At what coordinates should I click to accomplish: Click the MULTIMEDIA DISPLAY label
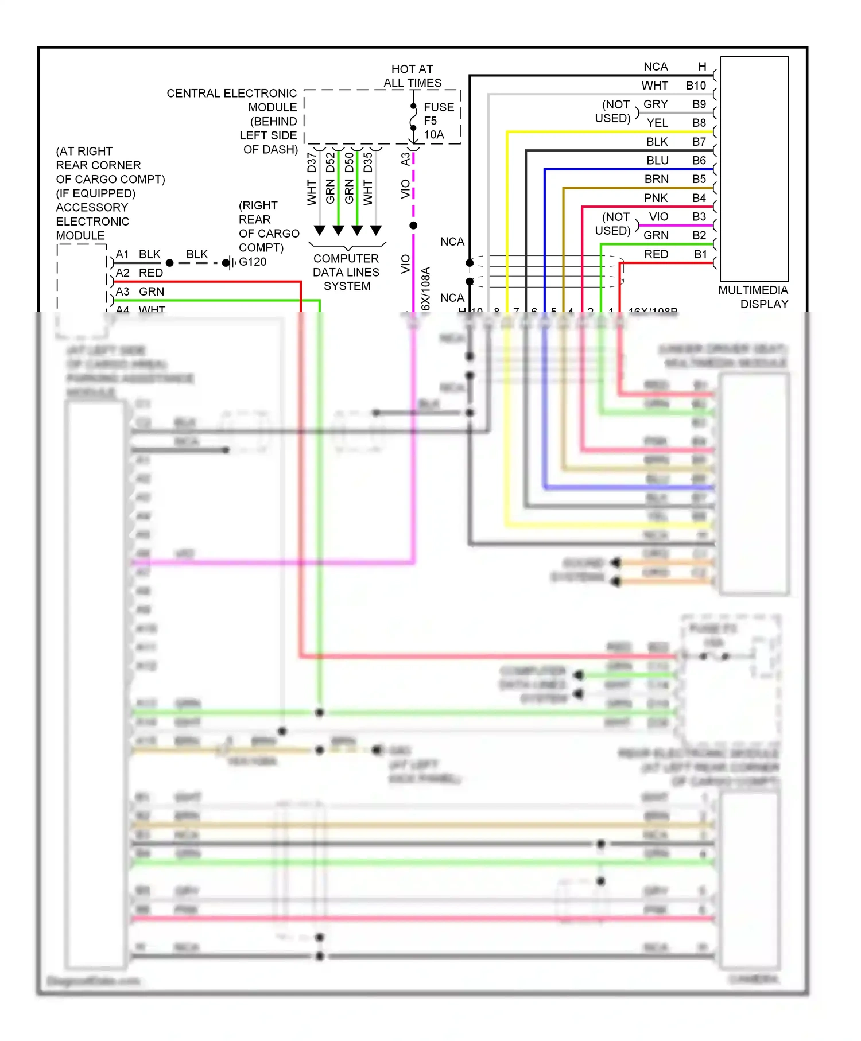pyautogui.click(x=753, y=297)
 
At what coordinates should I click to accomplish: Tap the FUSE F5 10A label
pyautogui.click(x=438, y=121)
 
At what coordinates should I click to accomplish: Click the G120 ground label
pyautogui.click(x=253, y=262)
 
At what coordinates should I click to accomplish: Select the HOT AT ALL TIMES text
pyautogui.click(x=412, y=76)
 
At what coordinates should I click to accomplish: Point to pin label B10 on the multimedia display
pyautogui.click(x=696, y=86)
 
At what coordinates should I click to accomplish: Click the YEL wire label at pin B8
pyautogui.click(x=657, y=123)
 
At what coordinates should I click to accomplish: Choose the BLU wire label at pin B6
pyautogui.click(x=657, y=160)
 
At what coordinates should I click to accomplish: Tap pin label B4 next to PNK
pyautogui.click(x=699, y=198)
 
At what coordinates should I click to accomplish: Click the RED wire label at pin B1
pyautogui.click(x=656, y=254)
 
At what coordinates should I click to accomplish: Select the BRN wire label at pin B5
pyautogui.click(x=656, y=179)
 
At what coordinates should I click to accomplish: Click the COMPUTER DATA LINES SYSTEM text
pyautogui.click(x=346, y=272)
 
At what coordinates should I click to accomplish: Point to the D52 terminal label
pyautogui.click(x=330, y=162)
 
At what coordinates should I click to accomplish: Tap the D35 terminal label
pyautogui.click(x=368, y=162)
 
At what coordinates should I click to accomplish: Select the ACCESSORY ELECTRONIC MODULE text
pyautogui.click(x=92, y=222)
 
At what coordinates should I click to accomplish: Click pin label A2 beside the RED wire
pyautogui.click(x=122, y=273)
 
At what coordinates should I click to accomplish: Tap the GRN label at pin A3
pyautogui.click(x=152, y=292)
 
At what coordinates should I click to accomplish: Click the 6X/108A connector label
pyautogui.click(x=425, y=289)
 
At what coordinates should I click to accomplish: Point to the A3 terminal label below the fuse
pyautogui.click(x=405, y=158)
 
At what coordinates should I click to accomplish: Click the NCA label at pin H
pyautogui.click(x=656, y=67)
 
